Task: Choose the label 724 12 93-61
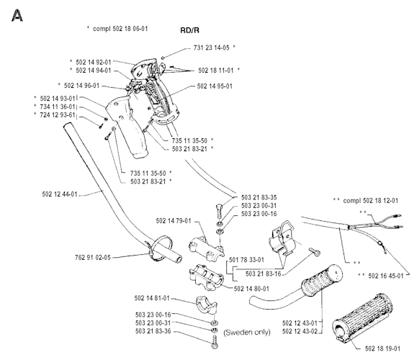(x=61, y=114)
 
